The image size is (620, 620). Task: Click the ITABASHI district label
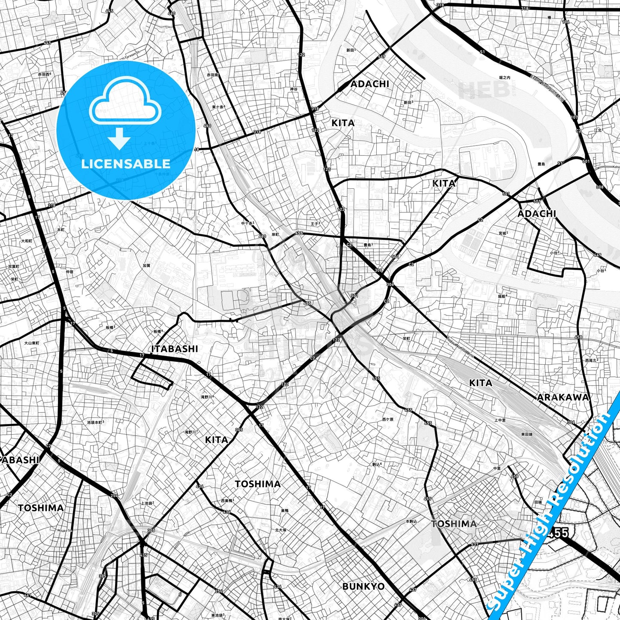point(175,349)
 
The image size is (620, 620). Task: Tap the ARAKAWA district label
point(563,397)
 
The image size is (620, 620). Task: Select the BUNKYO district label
point(363,586)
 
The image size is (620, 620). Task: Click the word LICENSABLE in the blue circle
point(126,163)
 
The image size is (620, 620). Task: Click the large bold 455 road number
point(558,532)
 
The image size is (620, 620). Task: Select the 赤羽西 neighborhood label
point(44,74)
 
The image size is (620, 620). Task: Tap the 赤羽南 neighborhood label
point(212,75)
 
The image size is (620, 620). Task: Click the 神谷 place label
point(293,89)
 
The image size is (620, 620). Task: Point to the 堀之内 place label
point(504,78)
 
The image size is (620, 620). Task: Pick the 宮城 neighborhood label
point(503,233)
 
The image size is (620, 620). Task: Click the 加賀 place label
point(146,265)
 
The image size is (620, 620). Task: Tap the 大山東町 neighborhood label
point(31,343)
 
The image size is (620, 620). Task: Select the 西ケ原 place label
point(388,419)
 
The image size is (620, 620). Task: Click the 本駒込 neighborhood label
point(411,521)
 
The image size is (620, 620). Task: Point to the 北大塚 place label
point(281,530)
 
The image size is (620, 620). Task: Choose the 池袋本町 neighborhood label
point(95,422)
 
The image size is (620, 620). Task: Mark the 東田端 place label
point(527,434)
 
